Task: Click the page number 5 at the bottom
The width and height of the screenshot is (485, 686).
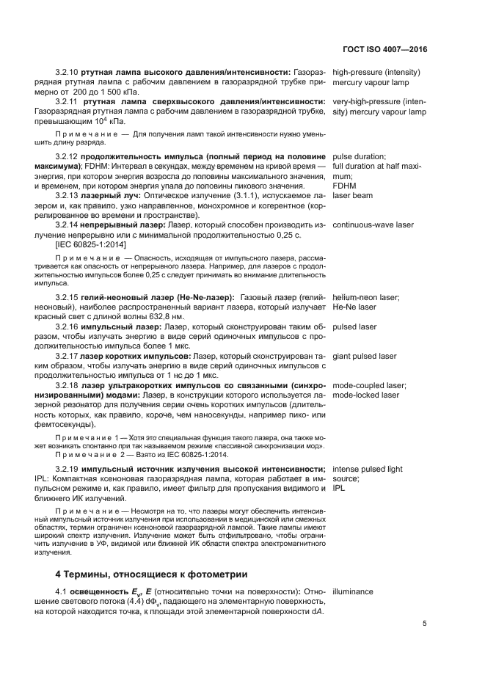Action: coord(426,624)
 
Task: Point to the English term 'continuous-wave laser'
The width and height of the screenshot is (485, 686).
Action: coord(373,225)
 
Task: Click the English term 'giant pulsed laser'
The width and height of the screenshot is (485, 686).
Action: coord(365,357)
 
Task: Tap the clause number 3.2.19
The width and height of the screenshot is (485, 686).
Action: coord(67,468)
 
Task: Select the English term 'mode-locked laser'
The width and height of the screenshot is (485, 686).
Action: coord(365,395)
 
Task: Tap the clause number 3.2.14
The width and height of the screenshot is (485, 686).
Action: coord(67,225)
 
